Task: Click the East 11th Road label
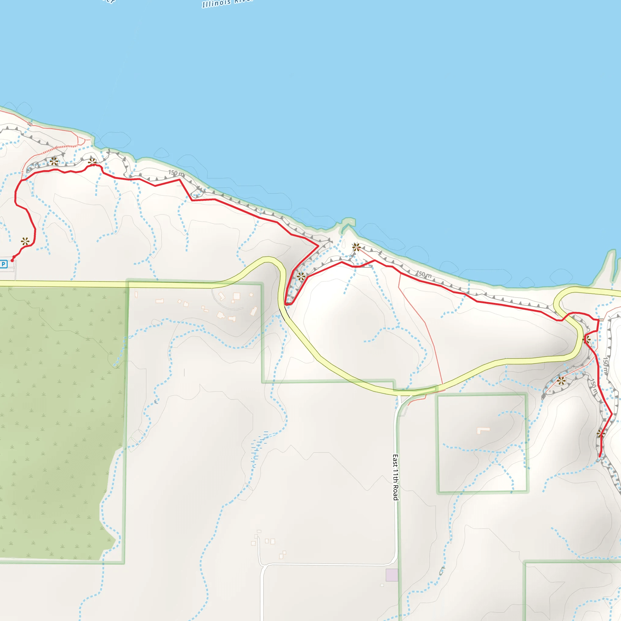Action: click(396, 477)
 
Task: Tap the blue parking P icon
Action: click(4, 264)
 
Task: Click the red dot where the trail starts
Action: click(12, 260)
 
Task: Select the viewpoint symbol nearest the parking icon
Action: click(25, 241)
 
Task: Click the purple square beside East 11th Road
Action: click(391, 575)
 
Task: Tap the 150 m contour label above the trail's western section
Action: click(176, 173)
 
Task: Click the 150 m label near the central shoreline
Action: click(424, 274)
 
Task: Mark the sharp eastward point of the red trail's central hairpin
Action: click(318, 246)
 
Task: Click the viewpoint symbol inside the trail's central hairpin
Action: click(301, 276)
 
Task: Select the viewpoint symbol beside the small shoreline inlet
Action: click(356, 247)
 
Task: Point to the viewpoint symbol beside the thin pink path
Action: click(561, 381)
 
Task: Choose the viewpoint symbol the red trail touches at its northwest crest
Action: click(92, 162)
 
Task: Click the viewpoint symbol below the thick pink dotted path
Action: click(54, 161)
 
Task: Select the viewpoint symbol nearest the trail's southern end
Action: click(600, 434)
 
